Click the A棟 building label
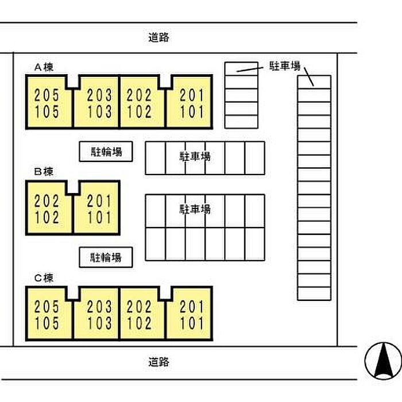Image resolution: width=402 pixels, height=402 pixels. (44, 67)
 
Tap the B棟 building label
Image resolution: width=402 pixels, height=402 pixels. (44, 172)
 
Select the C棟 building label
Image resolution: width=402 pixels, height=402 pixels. (44, 279)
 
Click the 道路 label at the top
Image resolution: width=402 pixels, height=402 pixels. (159, 38)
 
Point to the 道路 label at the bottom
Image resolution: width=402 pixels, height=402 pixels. (159, 362)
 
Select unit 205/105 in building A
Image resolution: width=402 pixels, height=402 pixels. (48, 103)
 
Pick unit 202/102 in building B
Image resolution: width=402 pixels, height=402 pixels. (48, 209)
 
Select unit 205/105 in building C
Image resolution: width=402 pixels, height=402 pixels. (48, 315)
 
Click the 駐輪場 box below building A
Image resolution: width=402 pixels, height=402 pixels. (106, 152)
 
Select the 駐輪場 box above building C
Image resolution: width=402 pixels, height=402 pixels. (106, 257)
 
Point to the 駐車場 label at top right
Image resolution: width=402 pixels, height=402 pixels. (285, 66)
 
